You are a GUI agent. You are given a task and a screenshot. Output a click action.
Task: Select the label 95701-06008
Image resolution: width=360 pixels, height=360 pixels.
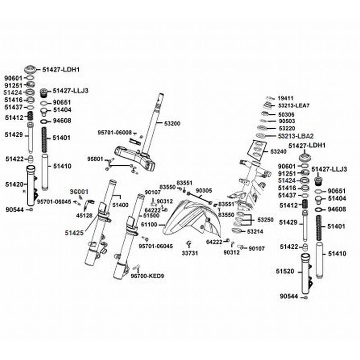[x=115, y=132]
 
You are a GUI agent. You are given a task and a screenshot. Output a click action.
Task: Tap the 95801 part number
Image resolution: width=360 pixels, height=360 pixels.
[x=95, y=159]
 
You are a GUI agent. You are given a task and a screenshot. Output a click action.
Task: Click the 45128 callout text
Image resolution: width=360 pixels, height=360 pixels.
[x=85, y=215]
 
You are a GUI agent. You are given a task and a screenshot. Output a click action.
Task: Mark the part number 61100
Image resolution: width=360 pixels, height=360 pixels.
[x=149, y=224]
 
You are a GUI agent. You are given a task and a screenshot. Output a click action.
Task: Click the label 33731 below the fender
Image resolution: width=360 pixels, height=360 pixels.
[x=189, y=253]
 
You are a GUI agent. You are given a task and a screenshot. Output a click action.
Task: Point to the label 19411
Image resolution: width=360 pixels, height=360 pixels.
[x=285, y=98]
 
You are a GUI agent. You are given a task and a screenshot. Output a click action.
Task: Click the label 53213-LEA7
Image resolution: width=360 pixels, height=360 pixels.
[x=294, y=106]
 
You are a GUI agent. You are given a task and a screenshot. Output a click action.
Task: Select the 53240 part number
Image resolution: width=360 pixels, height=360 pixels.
[x=278, y=152]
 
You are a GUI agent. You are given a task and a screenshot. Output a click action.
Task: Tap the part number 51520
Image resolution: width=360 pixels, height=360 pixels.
[x=285, y=271]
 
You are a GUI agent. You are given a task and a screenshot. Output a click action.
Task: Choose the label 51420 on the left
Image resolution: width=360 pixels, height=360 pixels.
[x=14, y=184]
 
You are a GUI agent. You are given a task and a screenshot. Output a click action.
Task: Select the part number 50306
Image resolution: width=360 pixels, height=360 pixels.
[x=287, y=114]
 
